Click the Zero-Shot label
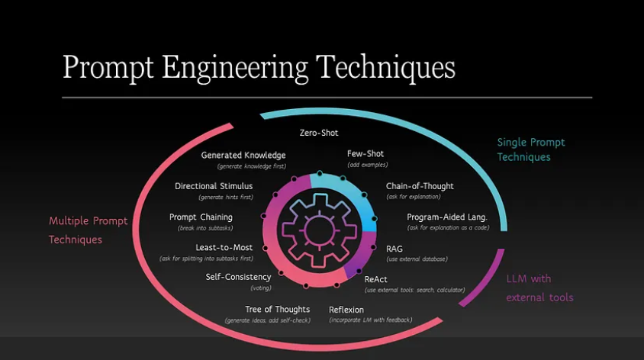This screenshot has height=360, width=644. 319,133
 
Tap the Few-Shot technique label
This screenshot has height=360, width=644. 365,154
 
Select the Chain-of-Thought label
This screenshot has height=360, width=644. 420,186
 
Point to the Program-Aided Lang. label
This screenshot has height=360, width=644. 447,217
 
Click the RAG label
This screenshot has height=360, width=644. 394,249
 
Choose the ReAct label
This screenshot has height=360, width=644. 375,280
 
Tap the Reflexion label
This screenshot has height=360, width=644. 346,310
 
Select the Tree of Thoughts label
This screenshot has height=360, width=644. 277,310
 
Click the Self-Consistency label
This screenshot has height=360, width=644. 238,277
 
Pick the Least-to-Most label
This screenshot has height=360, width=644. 224,248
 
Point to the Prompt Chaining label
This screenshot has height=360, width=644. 201,217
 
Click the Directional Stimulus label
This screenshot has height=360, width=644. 214,186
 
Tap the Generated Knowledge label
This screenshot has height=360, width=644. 243,156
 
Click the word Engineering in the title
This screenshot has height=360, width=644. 234,68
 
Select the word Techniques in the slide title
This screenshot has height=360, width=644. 385,68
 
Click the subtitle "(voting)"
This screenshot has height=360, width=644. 261,288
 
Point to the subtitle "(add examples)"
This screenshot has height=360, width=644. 368,165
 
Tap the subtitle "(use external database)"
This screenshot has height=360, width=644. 417,259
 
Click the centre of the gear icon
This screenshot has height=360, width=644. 319,230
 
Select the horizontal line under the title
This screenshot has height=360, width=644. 327,98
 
